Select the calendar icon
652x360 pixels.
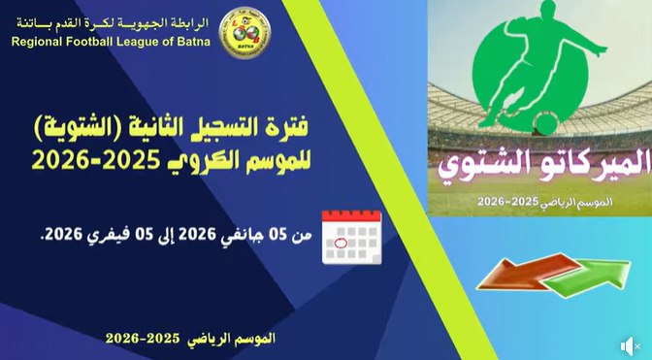351,234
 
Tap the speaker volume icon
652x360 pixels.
630,344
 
